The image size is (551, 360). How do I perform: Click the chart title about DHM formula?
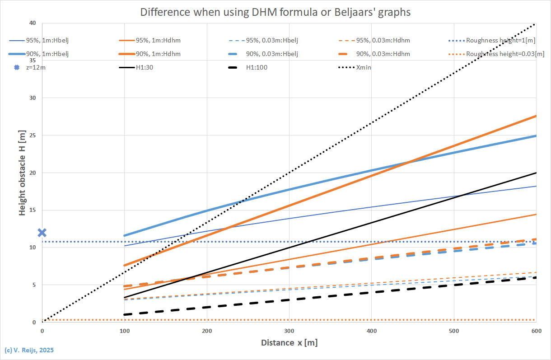click(275, 12)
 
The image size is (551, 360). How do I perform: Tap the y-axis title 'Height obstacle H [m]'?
click(22, 173)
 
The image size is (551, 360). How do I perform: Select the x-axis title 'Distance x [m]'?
click(289, 343)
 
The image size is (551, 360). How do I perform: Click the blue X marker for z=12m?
click(42, 233)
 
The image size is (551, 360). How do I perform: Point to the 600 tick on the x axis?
click(536, 331)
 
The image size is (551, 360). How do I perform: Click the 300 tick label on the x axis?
click(289, 331)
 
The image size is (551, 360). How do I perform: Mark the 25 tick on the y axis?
click(33, 135)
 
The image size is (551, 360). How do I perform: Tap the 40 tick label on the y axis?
click(33, 23)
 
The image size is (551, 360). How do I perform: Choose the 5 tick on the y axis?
click(34, 285)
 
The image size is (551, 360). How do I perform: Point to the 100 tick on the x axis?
click(124, 331)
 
